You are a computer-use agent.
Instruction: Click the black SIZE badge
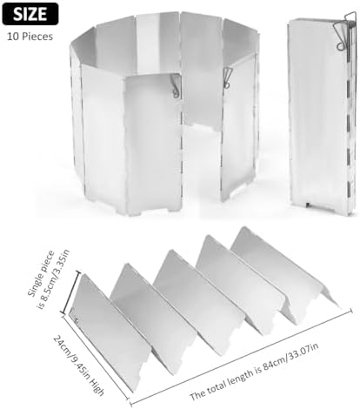tap(30, 14)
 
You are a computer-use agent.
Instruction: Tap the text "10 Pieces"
tap(30, 37)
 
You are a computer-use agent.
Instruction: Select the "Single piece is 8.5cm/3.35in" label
tap(49, 279)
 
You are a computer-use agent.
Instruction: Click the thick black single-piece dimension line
tap(70, 292)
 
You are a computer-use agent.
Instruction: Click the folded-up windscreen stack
tap(322, 116)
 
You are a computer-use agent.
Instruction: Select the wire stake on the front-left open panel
tap(175, 85)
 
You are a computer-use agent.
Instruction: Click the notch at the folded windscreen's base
tap(308, 204)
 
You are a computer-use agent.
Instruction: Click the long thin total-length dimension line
tap(242, 357)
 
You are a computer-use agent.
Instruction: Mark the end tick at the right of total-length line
tap(351, 310)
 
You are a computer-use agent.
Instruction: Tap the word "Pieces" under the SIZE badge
tap(37, 37)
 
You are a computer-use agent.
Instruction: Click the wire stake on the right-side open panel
tap(227, 77)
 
